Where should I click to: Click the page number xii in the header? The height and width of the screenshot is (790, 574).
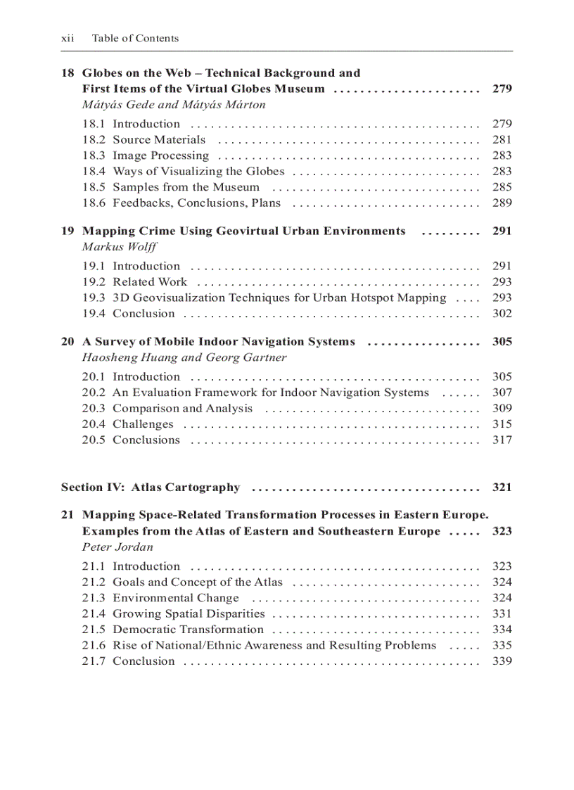click(68, 39)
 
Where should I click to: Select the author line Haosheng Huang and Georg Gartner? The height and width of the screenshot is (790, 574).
click(184, 357)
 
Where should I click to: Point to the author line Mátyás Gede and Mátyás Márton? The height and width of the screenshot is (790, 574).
click(174, 105)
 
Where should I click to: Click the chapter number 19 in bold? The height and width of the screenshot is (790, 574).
click(68, 231)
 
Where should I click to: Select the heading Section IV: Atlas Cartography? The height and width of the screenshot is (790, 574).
click(151, 488)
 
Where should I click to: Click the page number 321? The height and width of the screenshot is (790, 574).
click(502, 488)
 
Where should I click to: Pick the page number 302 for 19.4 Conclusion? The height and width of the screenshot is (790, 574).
click(502, 314)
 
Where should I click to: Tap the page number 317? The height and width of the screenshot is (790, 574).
click(502, 440)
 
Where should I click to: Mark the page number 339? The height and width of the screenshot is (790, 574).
click(502, 661)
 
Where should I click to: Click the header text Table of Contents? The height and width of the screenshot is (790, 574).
click(135, 39)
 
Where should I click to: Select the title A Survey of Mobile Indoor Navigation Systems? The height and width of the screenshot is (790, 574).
click(219, 342)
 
